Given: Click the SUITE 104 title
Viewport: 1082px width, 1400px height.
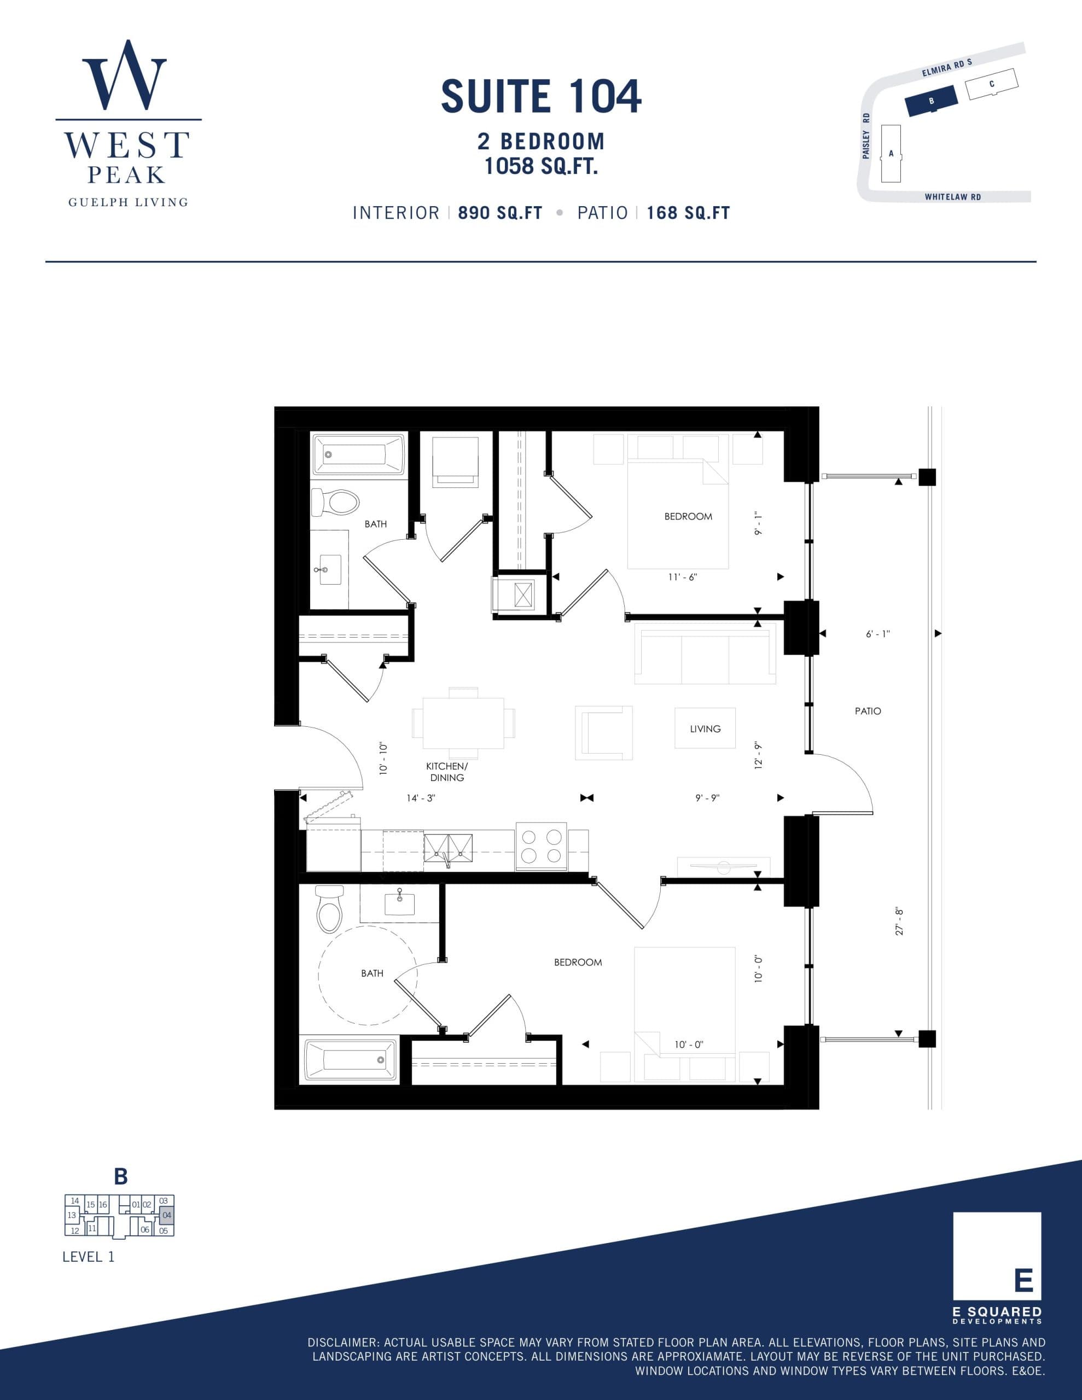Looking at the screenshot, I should pos(540,96).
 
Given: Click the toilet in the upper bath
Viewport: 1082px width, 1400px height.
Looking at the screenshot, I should pos(335,503).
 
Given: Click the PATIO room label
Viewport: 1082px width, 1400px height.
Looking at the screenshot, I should pos(868,711).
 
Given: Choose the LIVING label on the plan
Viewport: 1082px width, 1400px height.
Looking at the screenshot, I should pos(705,729).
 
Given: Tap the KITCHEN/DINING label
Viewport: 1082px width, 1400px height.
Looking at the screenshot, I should pos(447,772).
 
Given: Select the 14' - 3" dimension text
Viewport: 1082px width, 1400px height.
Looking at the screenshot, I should pos(421,798).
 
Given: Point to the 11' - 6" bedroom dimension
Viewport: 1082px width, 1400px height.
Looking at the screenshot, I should pos(683,577).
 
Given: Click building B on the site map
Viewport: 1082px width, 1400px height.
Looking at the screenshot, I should pos(931,101).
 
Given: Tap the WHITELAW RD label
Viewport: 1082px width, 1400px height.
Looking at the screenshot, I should pos(952,197).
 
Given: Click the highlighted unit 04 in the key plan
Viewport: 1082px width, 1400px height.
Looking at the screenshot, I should pos(167,1215).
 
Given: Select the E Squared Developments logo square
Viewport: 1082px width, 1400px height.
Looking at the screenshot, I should pos(997,1256).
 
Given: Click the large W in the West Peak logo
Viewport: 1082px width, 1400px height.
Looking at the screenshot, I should pos(124,75).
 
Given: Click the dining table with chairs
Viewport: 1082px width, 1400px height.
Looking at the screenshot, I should pos(463,723).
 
